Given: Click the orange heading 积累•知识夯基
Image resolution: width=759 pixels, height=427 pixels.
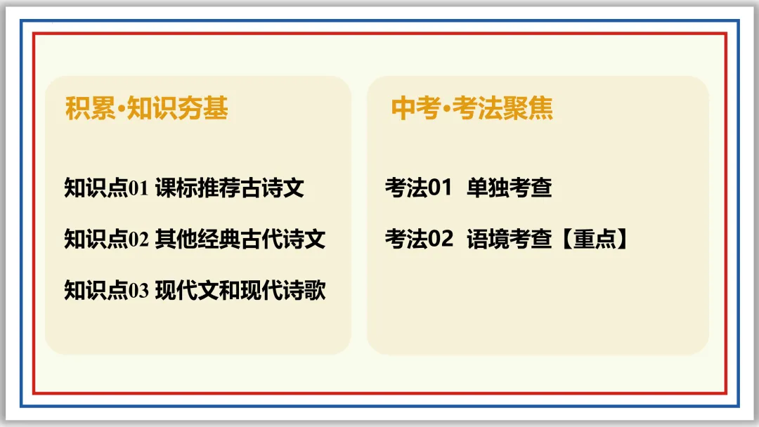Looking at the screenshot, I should [x=146, y=109].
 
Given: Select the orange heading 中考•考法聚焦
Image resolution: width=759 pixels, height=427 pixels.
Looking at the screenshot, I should [x=472, y=109].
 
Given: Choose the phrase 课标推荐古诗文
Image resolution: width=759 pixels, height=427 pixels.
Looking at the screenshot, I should [x=229, y=188].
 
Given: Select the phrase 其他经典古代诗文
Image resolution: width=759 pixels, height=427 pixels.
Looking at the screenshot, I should [x=240, y=239].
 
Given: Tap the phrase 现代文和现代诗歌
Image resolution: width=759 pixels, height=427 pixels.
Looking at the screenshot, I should [x=240, y=290].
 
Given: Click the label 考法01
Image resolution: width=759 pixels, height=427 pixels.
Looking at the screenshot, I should [x=417, y=188].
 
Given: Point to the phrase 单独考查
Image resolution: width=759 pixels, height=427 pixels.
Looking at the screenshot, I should [x=509, y=188].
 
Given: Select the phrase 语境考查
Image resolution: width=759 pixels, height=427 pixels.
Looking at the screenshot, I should [x=509, y=239].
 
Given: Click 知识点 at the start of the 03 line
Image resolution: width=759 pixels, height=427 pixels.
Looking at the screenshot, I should [x=95, y=290].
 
